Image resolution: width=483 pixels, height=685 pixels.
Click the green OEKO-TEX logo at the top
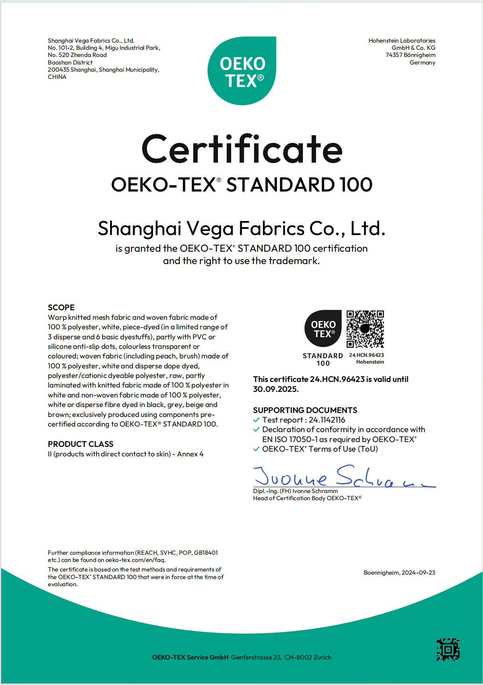[242, 71]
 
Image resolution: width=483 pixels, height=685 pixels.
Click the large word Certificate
[242, 149]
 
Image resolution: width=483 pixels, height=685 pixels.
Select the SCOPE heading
[61, 307]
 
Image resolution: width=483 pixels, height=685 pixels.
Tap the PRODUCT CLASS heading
[80, 444]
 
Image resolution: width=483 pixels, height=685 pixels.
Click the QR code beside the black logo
[365, 329]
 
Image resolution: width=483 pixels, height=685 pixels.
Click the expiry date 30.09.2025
[275, 389]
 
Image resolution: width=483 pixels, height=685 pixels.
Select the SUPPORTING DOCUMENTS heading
[305, 410]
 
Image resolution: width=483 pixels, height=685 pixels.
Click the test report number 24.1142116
[327, 420]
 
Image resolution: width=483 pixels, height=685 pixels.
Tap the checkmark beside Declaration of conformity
[257, 429]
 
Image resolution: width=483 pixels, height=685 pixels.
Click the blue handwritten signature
[343, 476]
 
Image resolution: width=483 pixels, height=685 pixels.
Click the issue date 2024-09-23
[418, 573]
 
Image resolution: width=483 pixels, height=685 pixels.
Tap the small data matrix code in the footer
[448, 650]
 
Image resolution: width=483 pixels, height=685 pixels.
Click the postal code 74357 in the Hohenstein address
[394, 55]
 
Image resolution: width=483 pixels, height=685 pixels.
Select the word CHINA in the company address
[57, 77]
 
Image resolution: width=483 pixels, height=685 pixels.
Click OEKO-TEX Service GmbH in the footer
[190, 657]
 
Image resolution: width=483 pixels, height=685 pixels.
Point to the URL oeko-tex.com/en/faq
[135, 560]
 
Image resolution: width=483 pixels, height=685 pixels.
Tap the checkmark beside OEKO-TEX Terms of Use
[257, 449]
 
